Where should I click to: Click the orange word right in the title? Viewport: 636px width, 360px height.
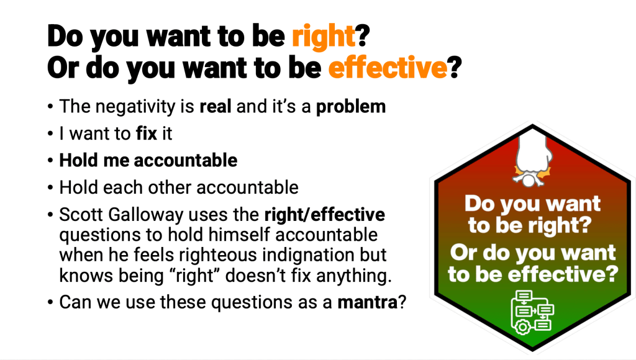tap(324, 37)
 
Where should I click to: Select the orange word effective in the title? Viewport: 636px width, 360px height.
tap(388, 68)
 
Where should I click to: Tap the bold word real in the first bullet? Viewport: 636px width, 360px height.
tap(216, 107)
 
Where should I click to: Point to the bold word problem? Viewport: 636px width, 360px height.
tap(351, 107)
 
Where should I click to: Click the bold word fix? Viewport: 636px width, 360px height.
tap(147, 134)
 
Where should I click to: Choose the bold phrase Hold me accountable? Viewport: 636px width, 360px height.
tap(148, 161)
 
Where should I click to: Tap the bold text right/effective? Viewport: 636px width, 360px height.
tap(324, 215)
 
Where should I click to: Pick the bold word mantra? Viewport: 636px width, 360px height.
tap(368, 302)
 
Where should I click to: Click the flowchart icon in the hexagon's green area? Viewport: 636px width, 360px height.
tap(532, 313)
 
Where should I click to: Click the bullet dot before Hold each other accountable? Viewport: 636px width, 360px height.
tap(50, 188)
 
